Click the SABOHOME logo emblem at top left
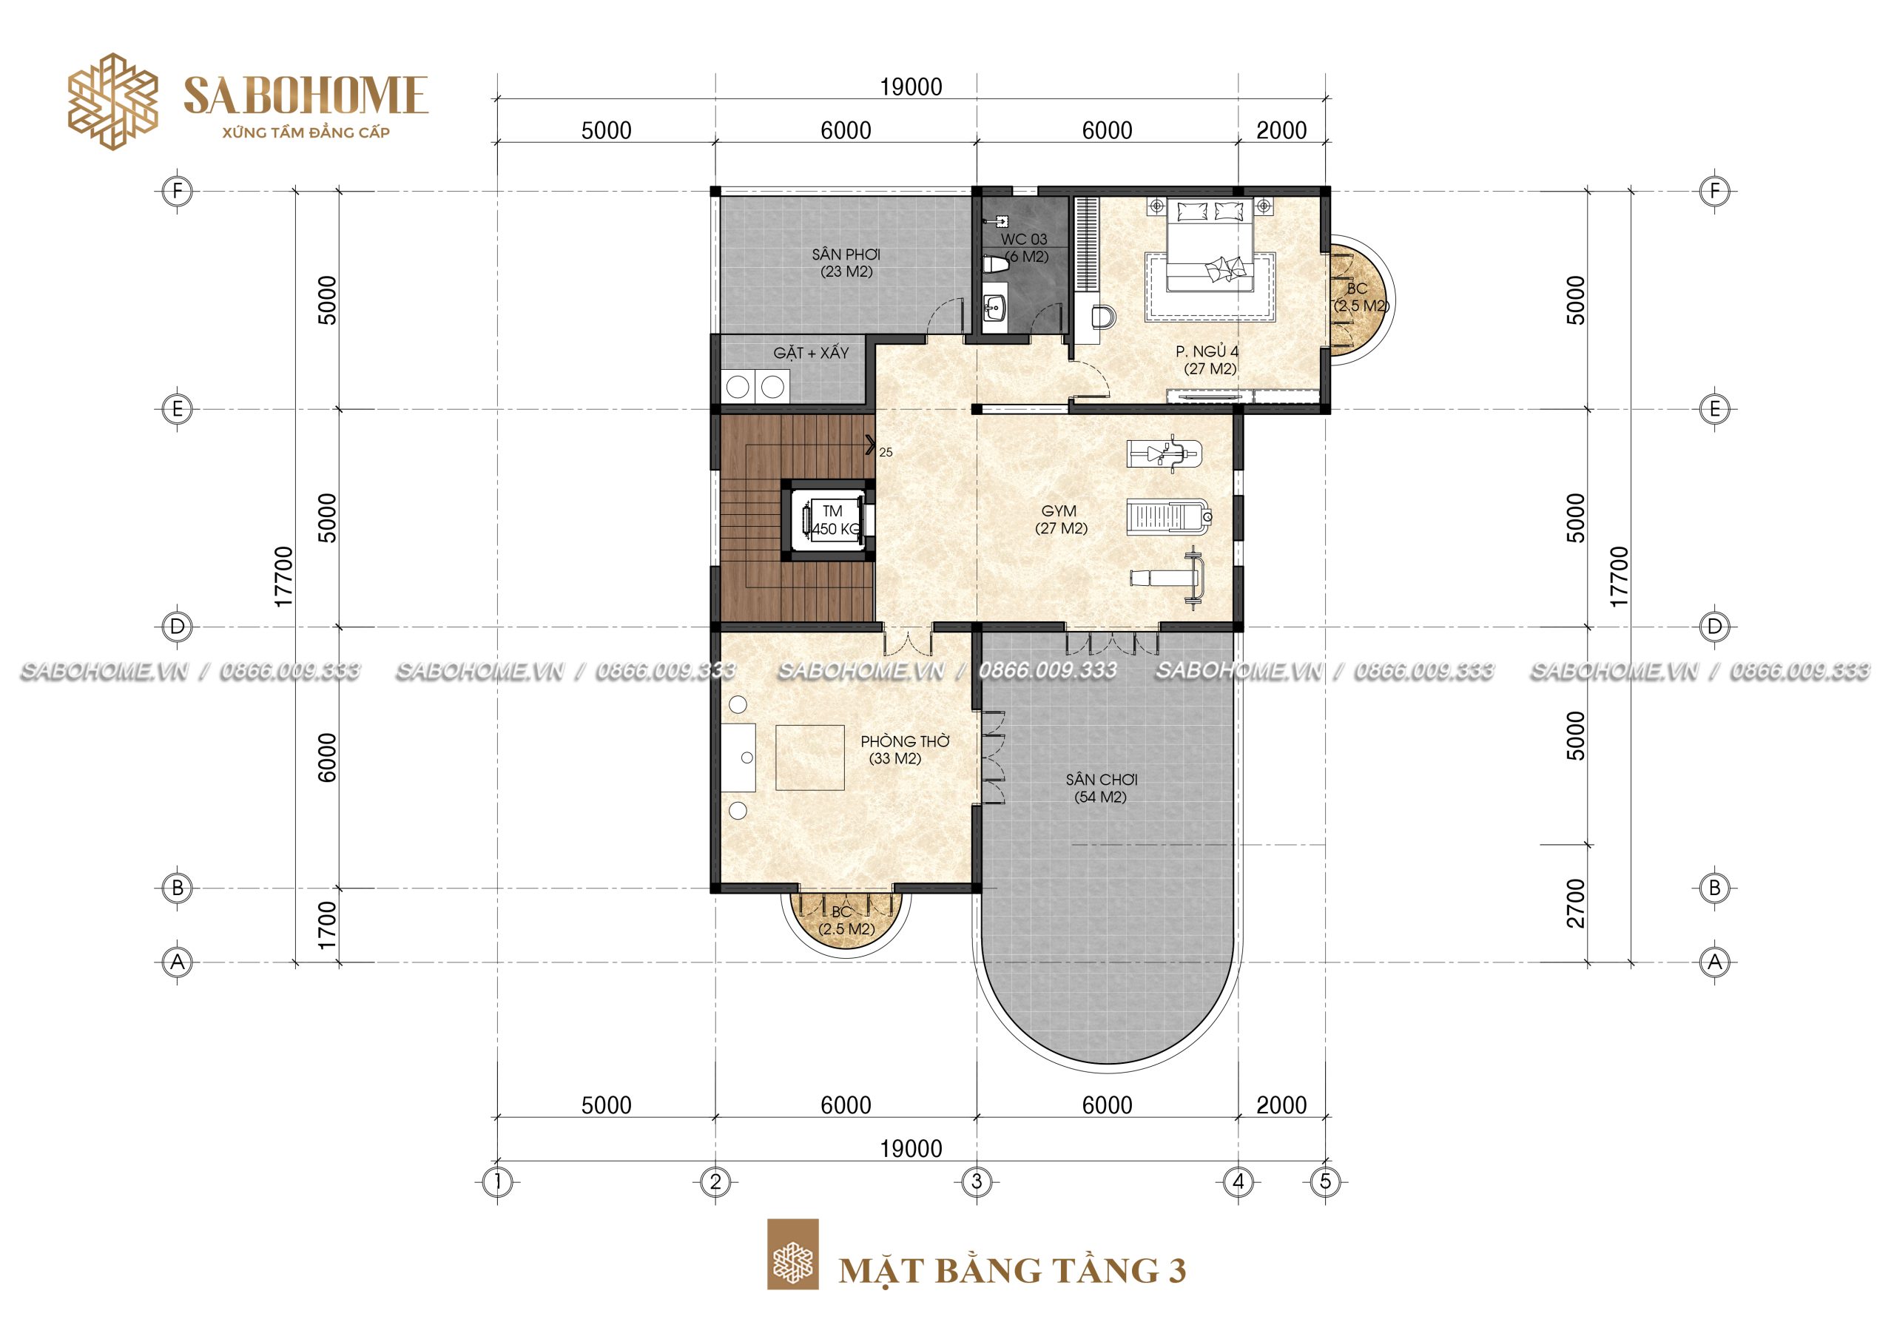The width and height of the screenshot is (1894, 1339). tap(112, 101)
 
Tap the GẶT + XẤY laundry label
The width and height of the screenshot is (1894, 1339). tap(811, 352)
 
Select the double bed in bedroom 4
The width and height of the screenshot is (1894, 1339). tap(1211, 244)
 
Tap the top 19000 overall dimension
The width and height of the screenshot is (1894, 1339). tap(911, 87)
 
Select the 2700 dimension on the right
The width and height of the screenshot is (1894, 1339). tap(1575, 903)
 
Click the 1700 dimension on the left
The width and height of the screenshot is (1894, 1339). tap(327, 924)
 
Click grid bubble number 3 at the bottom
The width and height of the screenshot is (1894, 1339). tap(977, 1181)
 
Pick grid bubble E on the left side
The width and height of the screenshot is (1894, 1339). tap(177, 408)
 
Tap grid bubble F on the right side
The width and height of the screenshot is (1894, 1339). tap(1714, 192)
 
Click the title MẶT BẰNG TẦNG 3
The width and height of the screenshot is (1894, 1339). tap(1012, 1269)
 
